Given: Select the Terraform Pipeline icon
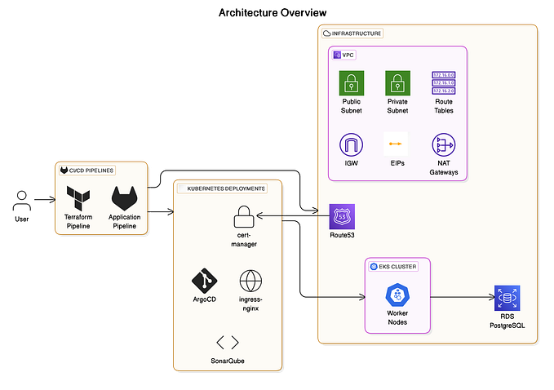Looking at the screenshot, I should pos(78,197).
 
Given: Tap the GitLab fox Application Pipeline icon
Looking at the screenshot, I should pos(125,197).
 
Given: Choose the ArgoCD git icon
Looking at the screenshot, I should pos(204,281).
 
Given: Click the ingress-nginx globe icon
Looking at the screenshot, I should pos(250,281).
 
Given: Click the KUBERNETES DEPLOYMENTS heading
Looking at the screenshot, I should pos(226,188).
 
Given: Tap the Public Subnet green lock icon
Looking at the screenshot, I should pos(351,83).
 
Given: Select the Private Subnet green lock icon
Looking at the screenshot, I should pos(397,83).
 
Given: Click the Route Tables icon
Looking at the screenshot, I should pos(443,83).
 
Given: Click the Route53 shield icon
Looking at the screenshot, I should pos(342,217).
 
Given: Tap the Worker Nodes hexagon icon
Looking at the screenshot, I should pos(397,295).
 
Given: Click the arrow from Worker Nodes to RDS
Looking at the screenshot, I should pos(461,297).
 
